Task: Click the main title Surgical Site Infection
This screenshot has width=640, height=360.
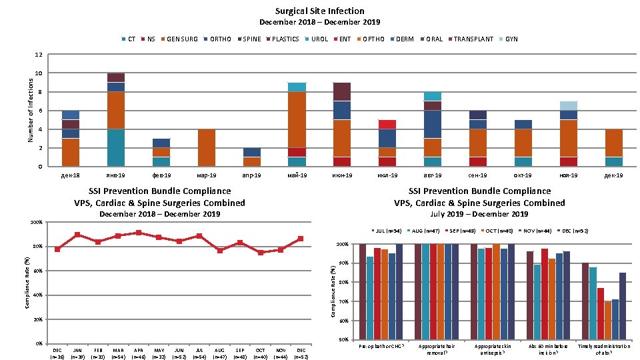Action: (x=319, y=11)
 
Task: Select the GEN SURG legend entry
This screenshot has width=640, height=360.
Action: (x=181, y=39)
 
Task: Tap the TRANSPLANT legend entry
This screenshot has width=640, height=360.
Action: (x=473, y=39)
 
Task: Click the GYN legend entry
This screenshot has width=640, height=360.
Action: (x=511, y=39)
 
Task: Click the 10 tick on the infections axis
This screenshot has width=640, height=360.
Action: (x=39, y=73)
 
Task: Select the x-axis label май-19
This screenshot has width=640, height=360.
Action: (x=297, y=175)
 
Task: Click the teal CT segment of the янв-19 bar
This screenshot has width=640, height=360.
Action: (x=116, y=147)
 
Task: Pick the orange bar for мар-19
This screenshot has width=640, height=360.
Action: (x=207, y=147)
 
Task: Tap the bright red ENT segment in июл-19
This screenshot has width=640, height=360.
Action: (x=388, y=124)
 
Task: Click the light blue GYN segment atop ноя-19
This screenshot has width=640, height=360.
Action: (x=569, y=105)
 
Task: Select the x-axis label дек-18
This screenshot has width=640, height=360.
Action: (x=71, y=175)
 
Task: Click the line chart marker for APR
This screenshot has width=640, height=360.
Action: (x=138, y=233)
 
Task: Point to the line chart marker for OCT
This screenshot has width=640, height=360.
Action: (x=260, y=253)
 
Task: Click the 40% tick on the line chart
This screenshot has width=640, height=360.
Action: (x=37, y=295)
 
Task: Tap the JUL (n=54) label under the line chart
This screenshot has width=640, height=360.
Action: (x=199, y=353)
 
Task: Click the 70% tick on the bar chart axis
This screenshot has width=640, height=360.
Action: (x=343, y=302)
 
